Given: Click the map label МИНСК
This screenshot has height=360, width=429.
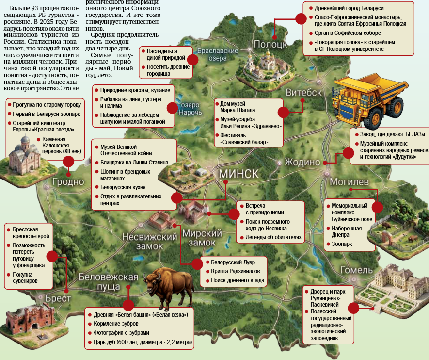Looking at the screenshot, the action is pos(238,174).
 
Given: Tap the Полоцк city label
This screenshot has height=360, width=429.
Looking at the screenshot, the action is pos(270,44).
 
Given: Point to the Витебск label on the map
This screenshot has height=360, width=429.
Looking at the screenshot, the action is pos(303,93).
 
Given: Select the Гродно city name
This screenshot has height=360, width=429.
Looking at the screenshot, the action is pos(68,182).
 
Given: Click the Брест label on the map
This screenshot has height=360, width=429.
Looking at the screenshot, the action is pos(58,298).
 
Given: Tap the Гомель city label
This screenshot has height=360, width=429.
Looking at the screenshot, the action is pos(356,270).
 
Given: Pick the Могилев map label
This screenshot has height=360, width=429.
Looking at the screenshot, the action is pos(349,182).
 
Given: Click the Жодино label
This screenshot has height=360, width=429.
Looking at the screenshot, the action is pos(302,162).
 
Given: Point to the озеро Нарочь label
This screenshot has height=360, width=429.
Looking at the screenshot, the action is pos(190,109).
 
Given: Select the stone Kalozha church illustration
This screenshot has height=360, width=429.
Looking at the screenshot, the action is pos(24,156).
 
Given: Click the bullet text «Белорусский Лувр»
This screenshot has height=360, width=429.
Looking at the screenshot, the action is pos(233,262).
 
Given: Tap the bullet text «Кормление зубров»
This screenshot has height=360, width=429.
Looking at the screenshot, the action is pos(116,324).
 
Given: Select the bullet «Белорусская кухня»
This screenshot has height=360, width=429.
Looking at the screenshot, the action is pos(123,187).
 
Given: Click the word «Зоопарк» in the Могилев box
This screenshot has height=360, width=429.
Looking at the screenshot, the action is pos(342,244).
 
